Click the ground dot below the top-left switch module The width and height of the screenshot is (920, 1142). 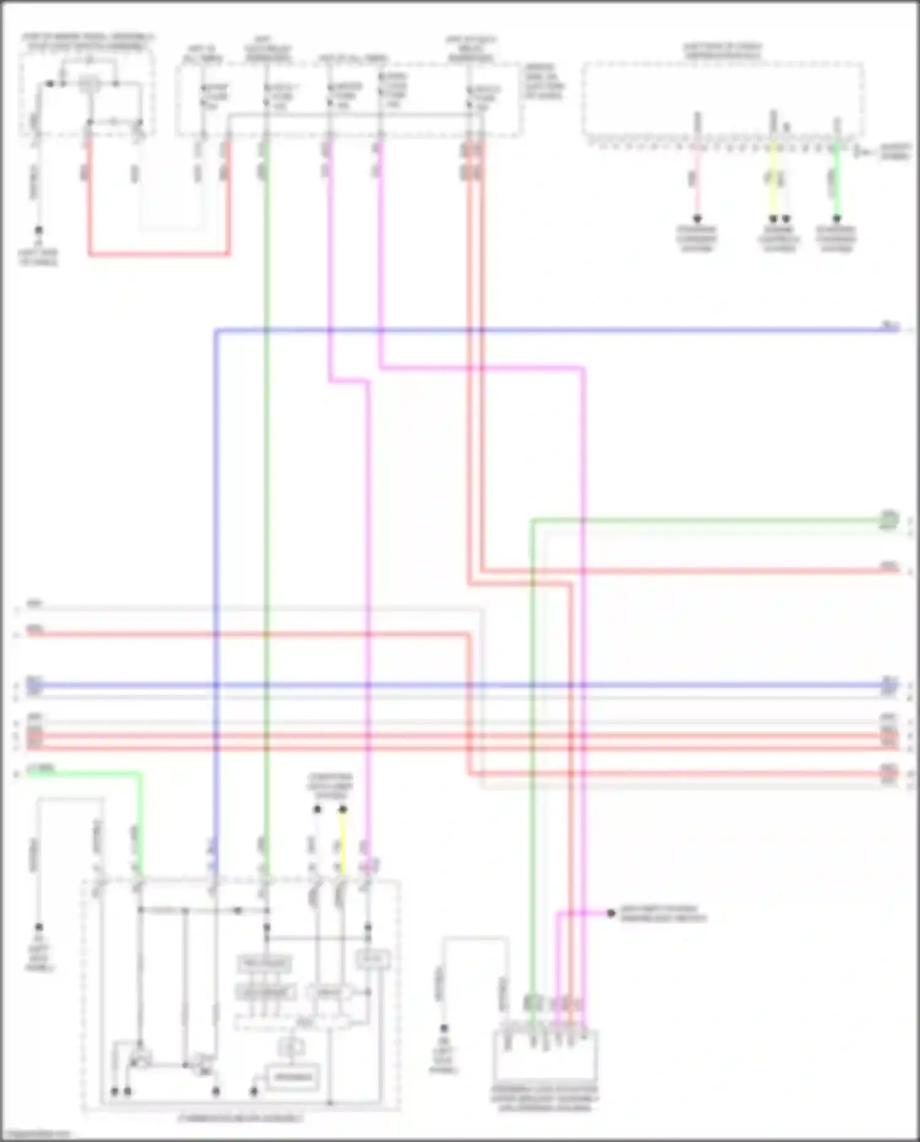pos(39,231)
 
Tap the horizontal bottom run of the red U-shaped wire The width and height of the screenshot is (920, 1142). pos(159,253)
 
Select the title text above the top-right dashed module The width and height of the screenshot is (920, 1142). pos(723,51)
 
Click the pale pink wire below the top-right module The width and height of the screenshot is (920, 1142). pos(697,184)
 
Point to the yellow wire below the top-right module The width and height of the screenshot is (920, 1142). pos(773,184)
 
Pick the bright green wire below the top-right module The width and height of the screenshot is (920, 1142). pos(837,184)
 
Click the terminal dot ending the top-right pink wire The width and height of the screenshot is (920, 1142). pos(697,219)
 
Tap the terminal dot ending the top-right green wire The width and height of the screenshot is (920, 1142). pos(837,219)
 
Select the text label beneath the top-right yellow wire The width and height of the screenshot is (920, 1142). pos(779,239)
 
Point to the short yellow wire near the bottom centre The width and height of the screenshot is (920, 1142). pos(343,841)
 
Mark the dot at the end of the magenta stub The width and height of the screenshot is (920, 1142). pos(611,913)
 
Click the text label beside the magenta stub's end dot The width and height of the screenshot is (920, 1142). pos(663,914)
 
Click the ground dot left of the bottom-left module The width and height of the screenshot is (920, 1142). pos(39,927)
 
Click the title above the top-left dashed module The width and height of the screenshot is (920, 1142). pos(88,42)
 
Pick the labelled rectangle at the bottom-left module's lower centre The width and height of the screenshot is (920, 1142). pos(293,1077)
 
